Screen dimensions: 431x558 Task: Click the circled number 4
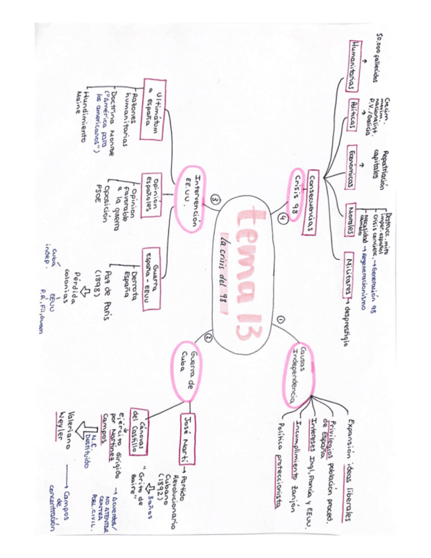[x=282, y=220]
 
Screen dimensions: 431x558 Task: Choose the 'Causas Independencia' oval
[x=297, y=374]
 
